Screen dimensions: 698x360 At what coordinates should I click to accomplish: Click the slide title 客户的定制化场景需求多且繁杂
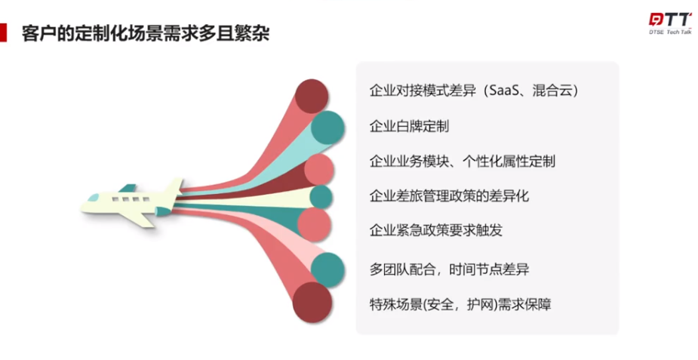pos(146,33)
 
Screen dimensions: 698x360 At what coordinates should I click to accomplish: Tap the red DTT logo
pos(670,20)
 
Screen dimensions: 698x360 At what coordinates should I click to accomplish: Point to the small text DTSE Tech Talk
pos(670,32)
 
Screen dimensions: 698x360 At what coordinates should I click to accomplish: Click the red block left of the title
pos(3,33)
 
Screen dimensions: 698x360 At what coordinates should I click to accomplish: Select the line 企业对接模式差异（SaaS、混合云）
pos(474,91)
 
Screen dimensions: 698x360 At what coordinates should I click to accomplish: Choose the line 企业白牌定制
pos(409,126)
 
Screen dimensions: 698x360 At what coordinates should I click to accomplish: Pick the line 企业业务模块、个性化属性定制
pos(462,161)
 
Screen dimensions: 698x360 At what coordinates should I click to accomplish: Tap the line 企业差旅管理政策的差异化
pos(449,195)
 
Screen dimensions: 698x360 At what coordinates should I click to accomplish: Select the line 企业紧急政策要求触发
pos(436,230)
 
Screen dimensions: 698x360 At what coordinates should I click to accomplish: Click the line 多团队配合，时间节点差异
pos(449,269)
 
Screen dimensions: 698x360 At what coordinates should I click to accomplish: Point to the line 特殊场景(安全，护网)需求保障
pos(460,304)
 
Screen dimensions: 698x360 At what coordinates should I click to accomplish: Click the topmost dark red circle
pos(312,96)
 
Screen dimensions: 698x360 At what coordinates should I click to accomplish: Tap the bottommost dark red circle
pos(312,302)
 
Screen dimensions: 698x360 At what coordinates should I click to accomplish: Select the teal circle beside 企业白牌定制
pos(327,128)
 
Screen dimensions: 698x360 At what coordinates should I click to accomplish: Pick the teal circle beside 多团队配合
pos(327,269)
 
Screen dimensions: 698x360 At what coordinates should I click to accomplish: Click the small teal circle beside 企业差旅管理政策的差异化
pos(321,197)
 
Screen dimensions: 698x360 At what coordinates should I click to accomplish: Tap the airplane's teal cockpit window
pos(93,197)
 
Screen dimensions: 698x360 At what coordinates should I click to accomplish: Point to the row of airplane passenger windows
pos(131,199)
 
